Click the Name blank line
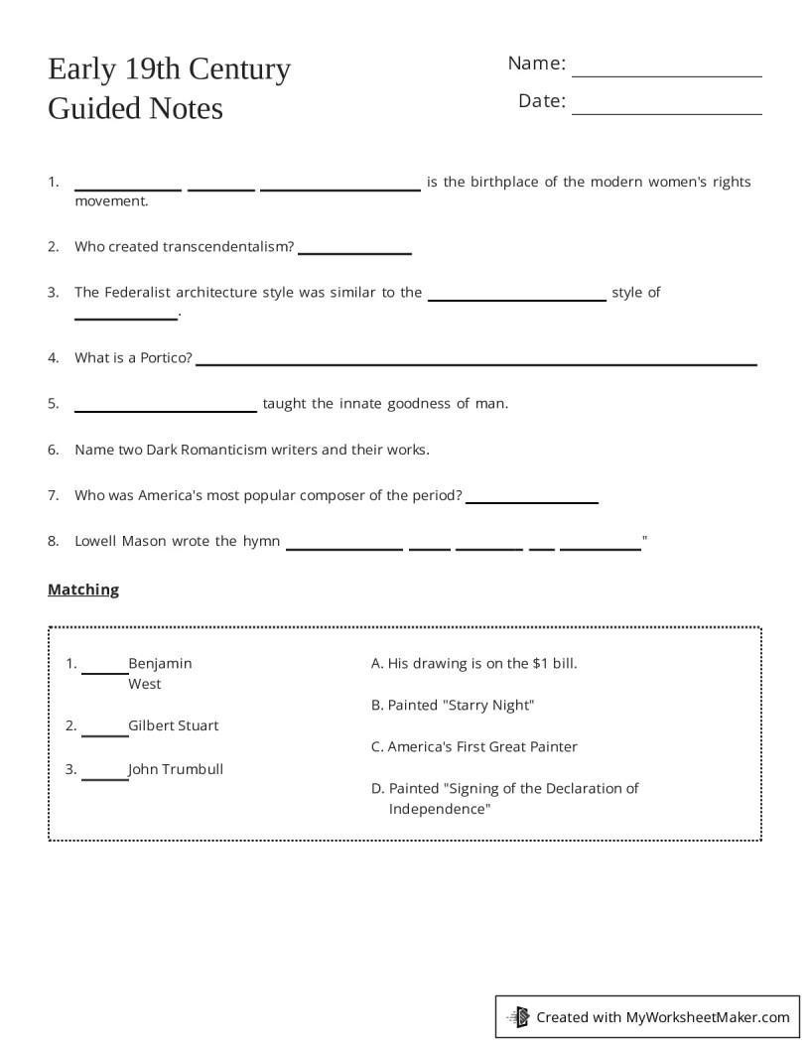point(667,74)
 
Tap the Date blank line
point(667,112)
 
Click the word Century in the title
point(236,69)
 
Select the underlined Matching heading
point(83,589)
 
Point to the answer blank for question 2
point(354,253)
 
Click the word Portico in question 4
point(164,358)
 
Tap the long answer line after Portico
point(476,363)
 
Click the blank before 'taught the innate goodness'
point(166,409)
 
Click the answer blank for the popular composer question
point(532,502)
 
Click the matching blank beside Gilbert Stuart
point(104,734)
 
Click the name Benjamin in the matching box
point(160,663)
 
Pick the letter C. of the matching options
point(377,747)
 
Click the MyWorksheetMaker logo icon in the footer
point(519,1017)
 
